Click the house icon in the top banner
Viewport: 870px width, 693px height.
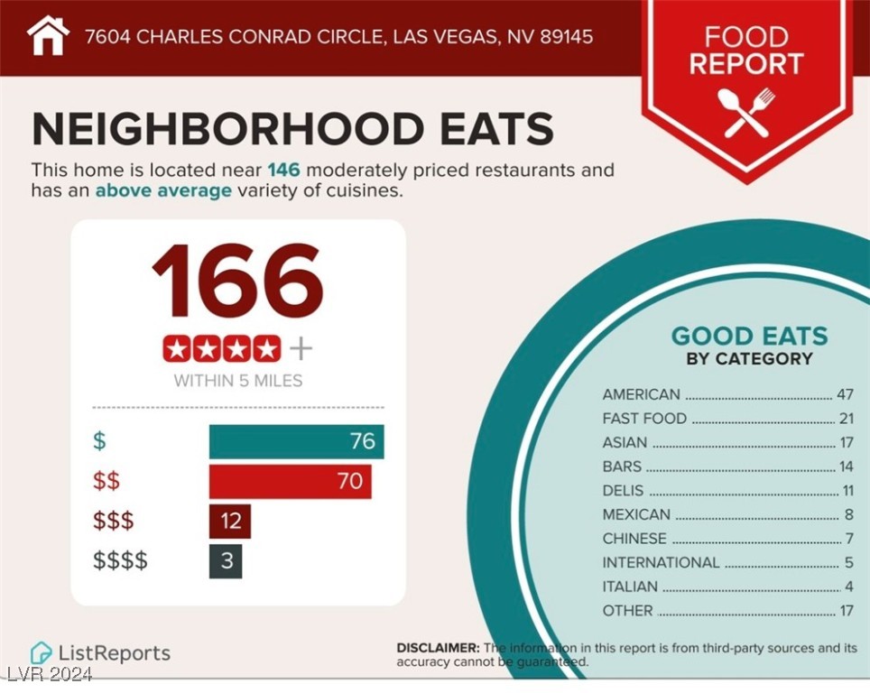coord(48,36)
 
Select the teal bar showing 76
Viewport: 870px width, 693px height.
coord(296,442)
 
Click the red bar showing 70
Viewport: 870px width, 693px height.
coord(290,482)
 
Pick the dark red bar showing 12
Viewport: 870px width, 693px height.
coord(229,522)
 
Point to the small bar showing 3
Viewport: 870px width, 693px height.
coord(226,561)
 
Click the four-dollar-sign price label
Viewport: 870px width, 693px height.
coord(120,561)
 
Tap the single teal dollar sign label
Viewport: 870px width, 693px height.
coord(98,442)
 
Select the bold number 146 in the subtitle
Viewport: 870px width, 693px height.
coord(282,170)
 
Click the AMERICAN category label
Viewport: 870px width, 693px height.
coord(641,394)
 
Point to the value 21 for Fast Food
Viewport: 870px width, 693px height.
coord(845,419)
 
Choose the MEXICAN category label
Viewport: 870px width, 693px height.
coord(636,514)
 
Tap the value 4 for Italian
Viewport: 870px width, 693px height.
coord(848,587)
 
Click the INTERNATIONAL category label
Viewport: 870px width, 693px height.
coord(661,562)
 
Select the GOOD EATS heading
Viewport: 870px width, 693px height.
coord(749,337)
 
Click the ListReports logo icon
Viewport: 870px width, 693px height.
coord(41,652)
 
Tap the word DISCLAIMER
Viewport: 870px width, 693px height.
coord(438,648)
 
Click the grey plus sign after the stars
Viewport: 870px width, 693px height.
coord(301,348)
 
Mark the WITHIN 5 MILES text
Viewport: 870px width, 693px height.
coord(237,380)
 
